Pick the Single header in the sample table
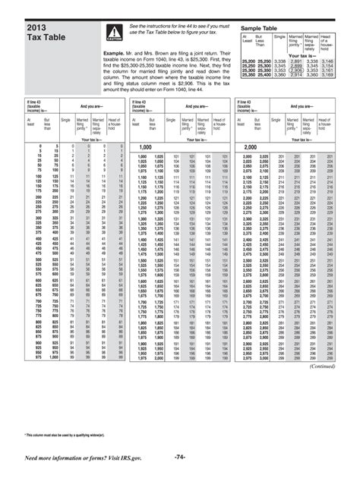pyautogui.click(x=279, y=36)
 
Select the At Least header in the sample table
pyautogui.click(x=246, y=38)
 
